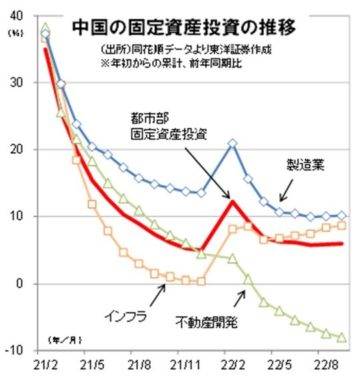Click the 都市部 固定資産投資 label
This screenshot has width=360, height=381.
click(167, 127)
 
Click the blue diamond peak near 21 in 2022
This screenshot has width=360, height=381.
click(232, 143)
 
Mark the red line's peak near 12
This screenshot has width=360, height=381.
click(232, 200)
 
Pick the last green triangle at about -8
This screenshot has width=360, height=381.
click(342, 338)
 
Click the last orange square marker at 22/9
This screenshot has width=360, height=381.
click(342, 226)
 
